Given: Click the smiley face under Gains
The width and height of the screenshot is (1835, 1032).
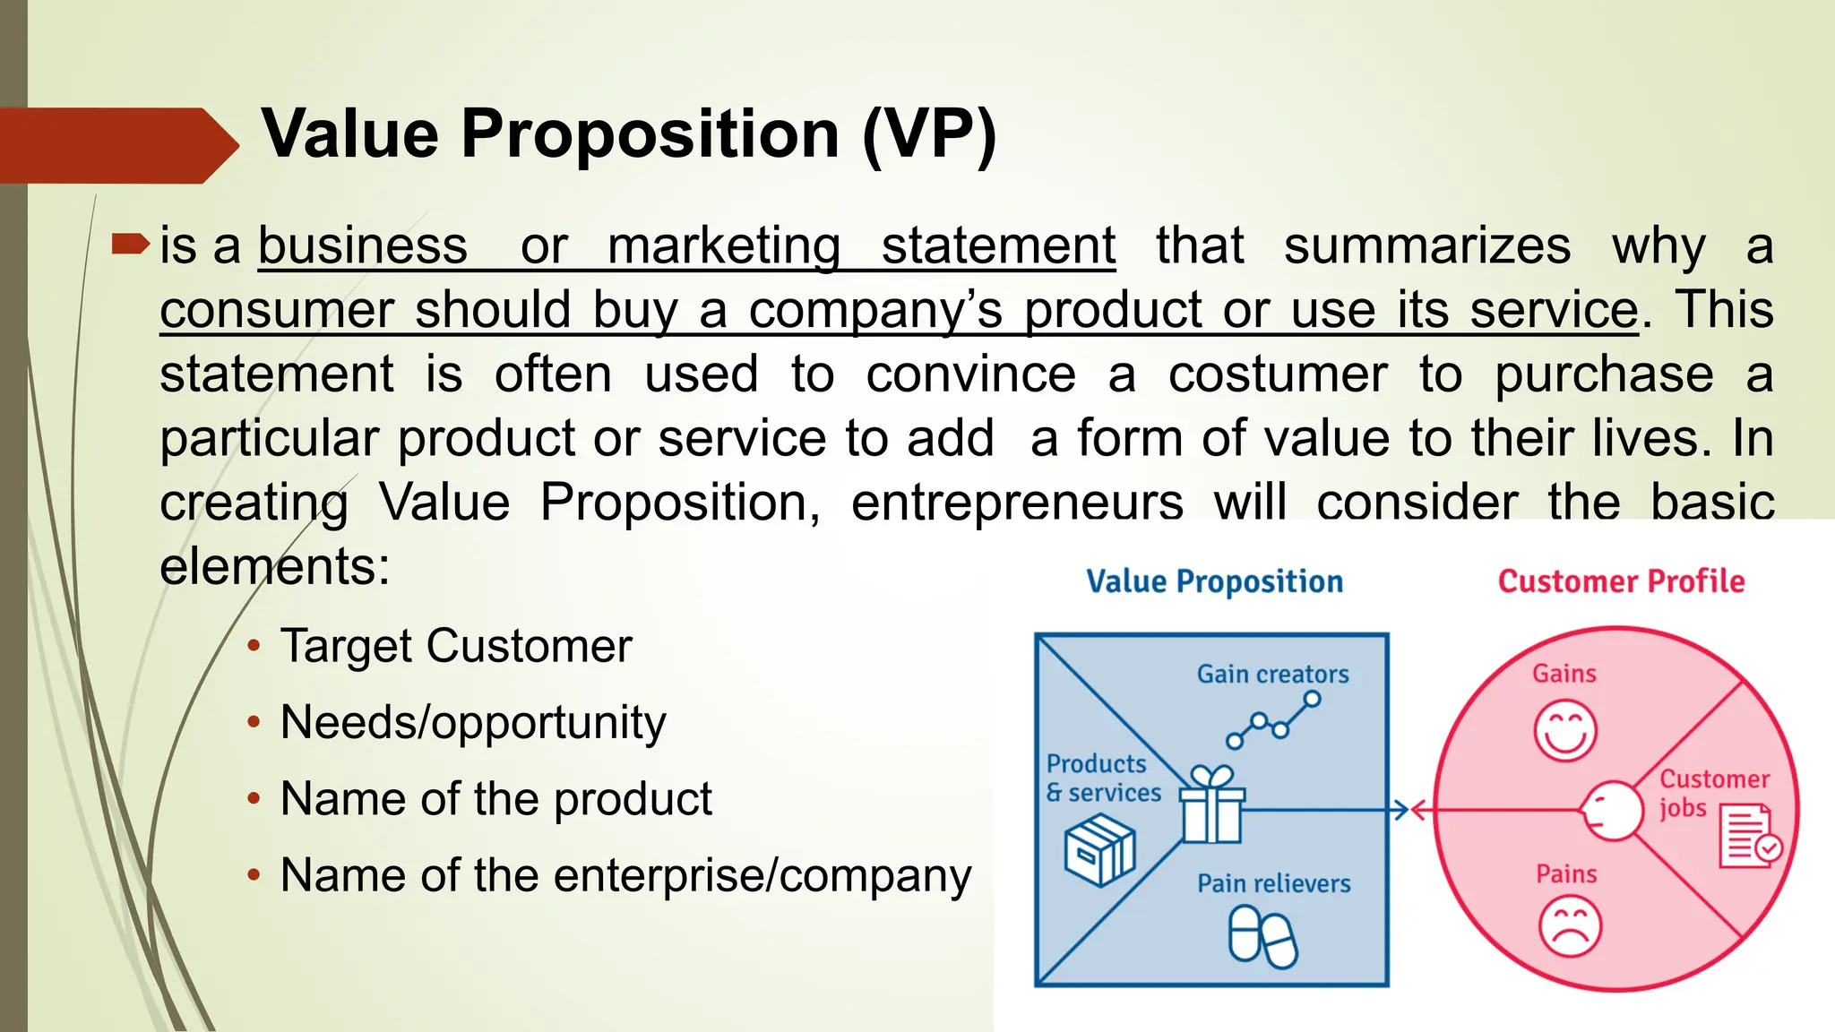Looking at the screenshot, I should tap(1565, 730).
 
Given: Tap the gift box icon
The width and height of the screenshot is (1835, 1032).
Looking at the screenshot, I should tap(1211, 805).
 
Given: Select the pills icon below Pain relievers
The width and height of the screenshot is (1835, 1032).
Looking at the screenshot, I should tap(1262, 936).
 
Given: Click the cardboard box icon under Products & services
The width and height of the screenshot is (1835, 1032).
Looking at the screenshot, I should tap(1099, 850).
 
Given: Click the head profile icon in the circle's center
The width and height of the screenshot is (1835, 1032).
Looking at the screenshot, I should tap(1610, 811).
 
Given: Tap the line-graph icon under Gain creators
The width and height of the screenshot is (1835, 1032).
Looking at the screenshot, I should tap(1272, 719).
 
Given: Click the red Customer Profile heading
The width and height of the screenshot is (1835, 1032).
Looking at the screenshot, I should tap(1621, 581).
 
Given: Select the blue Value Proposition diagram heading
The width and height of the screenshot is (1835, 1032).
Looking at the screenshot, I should tap(1214, 581).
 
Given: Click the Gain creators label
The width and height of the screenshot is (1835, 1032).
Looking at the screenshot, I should tap(1272, 674).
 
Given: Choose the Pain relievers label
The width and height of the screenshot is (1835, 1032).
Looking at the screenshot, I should tap(1273, 883).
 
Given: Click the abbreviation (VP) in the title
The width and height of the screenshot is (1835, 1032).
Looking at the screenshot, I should tap(929, 134).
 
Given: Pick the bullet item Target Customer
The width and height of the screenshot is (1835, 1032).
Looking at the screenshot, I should tap(455, 646).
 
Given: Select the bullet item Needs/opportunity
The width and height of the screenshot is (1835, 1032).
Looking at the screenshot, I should tap(472, 722).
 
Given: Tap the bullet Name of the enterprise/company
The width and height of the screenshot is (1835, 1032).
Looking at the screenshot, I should tap(625, 875).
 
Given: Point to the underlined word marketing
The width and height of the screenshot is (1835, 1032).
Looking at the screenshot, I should tap(724, 245).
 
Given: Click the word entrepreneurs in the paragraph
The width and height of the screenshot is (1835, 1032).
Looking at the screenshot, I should tap(1017, 503).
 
